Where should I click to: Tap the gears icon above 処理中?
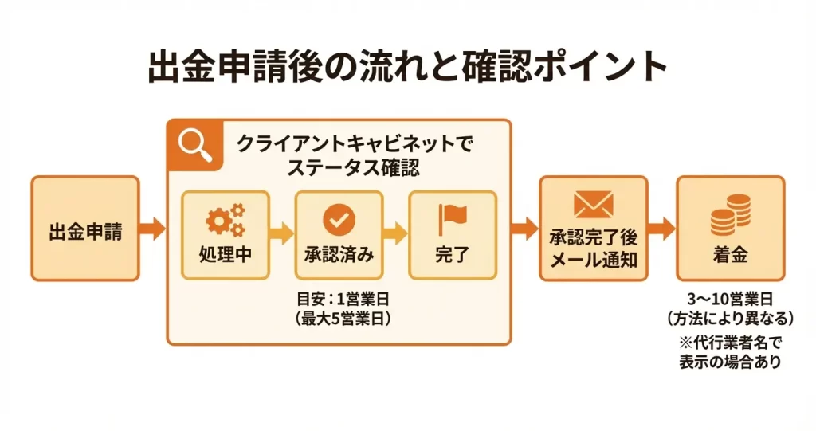tap(226, 219)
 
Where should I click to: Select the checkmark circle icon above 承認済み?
tap(339, 218)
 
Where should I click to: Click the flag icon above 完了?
tap(452, 218)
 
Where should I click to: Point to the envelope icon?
tap(593, 205)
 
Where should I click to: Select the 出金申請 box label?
tap(85, 234)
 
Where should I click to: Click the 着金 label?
tap(730, 257)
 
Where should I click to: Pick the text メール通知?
tap(593, 259)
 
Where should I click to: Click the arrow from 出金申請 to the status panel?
tap(152, 230)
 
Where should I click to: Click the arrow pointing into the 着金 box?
tap(661, 230)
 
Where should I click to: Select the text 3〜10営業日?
tap(730, 300)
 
